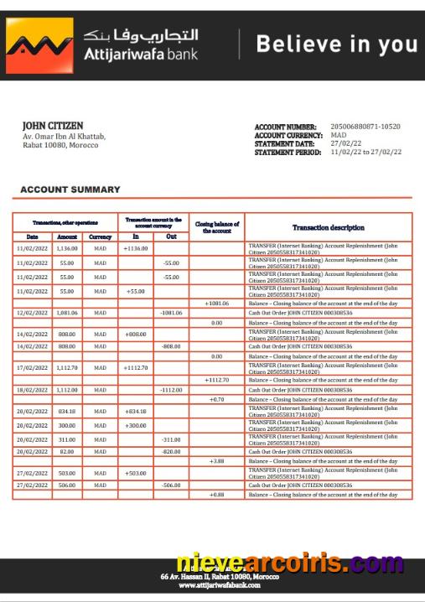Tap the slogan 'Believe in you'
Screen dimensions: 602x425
(336, 44)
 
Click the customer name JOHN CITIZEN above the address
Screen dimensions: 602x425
(52, 126)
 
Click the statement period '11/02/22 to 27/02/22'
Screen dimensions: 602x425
(365, 152)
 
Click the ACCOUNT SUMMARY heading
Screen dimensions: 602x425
(70, 190)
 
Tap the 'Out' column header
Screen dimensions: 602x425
(171, 236)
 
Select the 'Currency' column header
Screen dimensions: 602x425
(101, 236)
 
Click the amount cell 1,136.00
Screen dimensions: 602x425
(67, 249)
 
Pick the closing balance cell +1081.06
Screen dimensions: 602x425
(216, 303)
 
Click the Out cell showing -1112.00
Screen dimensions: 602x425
(171, 390)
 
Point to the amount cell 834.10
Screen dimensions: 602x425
(67, 411)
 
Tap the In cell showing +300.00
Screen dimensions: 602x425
(135, 425)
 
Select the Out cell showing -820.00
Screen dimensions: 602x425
(171, 451)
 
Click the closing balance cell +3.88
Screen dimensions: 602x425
(216, 461)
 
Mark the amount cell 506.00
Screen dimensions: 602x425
(67, 485)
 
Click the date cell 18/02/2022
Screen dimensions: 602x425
(32, 390)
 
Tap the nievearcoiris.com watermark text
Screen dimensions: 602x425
(289, 563)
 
